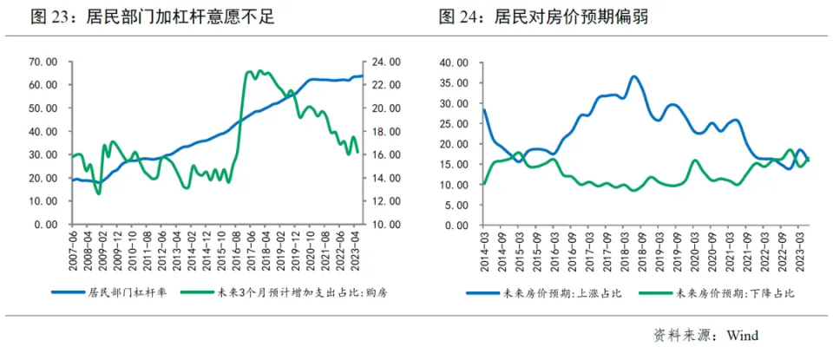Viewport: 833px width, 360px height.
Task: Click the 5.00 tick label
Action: [457, 205]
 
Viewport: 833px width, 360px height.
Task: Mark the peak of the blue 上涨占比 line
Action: [634, 76]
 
